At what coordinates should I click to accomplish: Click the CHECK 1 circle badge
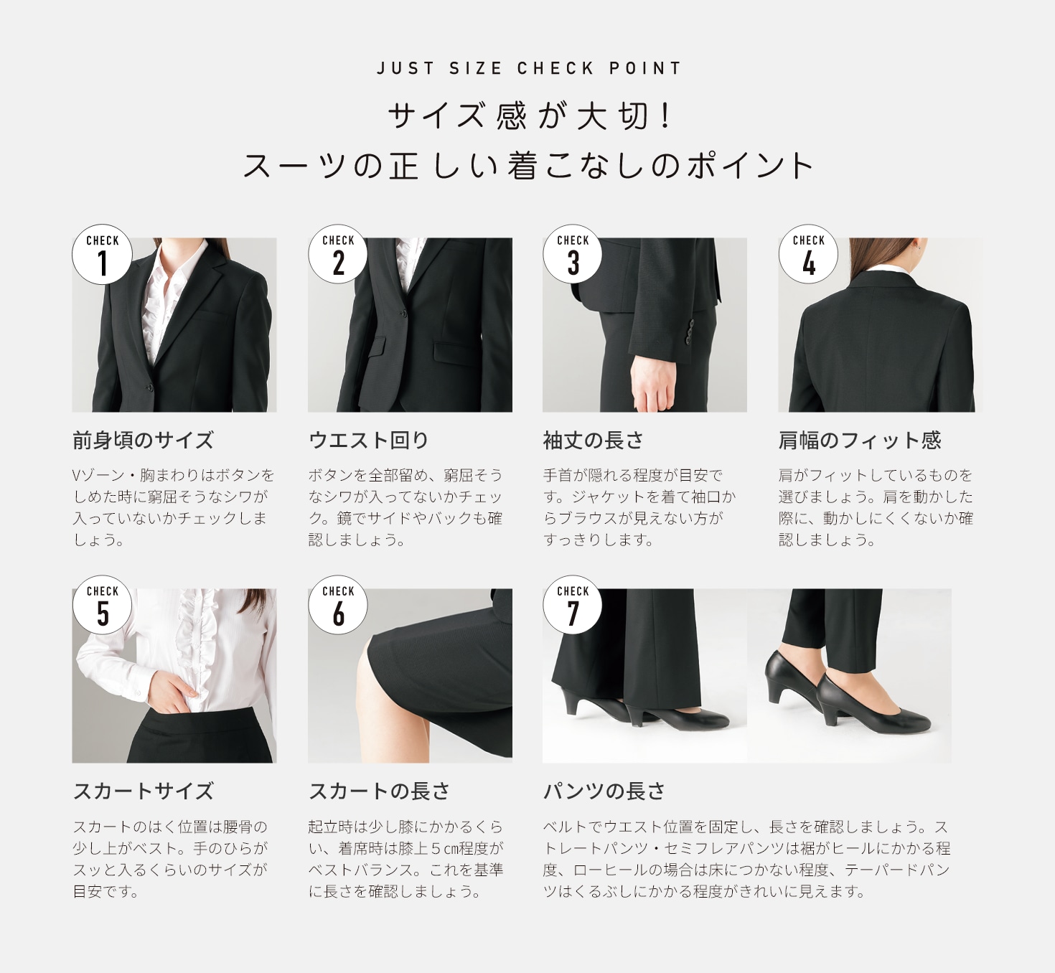pos(102,254)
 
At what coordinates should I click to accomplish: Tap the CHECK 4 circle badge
pos(809,254)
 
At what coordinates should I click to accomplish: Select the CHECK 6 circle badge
pos(338,605)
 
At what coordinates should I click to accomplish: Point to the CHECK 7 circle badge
pos(573,605)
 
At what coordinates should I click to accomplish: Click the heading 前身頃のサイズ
pos(143,441)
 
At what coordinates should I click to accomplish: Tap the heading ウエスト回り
pos(368,441)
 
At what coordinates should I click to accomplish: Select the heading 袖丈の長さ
pos(593,441)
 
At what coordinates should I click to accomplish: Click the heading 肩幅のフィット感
pos(860,441)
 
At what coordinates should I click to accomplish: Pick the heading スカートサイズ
pos(143,791)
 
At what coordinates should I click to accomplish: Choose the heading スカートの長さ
pos(379,791)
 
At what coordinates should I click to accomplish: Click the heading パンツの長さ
pos(604,791)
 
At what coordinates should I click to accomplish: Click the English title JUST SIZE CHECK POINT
pos(528,68)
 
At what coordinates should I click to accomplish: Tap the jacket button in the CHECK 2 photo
pos(403,314)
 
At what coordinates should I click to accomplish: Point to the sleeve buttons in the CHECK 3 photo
pos(690,330)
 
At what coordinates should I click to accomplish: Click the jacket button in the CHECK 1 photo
pos(150,387)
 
